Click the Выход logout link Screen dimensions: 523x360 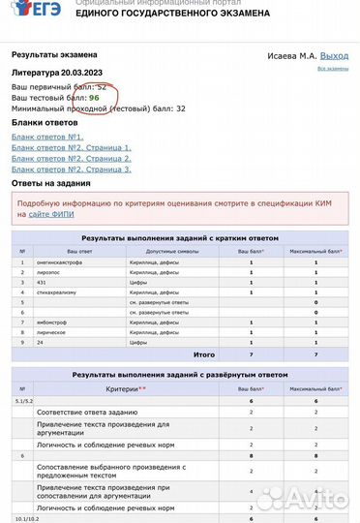click(x=334, y=56)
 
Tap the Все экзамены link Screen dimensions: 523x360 click(x=333, y=69)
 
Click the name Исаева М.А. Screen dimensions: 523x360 click(x=291, y=56)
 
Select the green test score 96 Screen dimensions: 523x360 click(x=94, y=99)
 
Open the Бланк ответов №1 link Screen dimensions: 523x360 click(x=48, y=138)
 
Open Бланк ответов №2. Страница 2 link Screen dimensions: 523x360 click(x=72, y=158)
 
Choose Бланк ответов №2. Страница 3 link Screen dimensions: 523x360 click(x=72, y=169)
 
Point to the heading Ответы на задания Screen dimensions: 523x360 click(x=51, y=182)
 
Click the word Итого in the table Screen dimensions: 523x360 click(x=204, y=355)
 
